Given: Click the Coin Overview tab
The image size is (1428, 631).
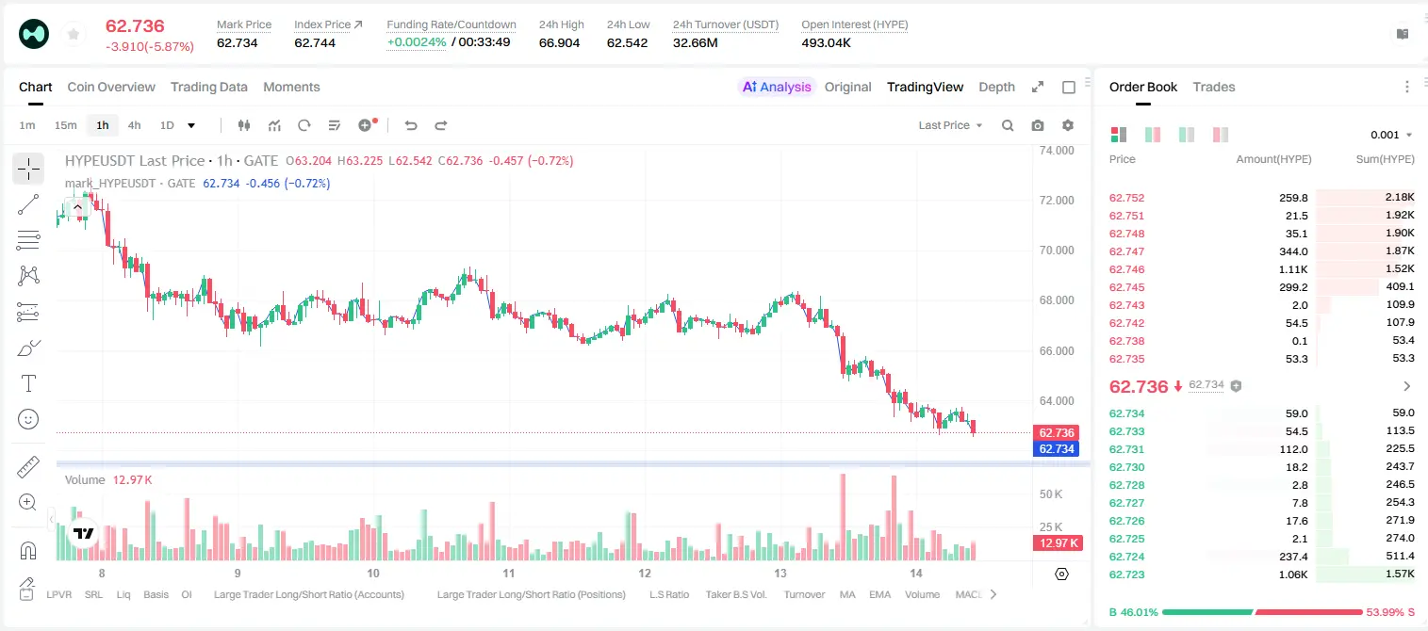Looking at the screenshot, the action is coord(111,87).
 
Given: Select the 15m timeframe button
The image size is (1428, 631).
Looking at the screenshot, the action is coord(65,125).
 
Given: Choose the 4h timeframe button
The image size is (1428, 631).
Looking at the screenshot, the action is coord(134,125).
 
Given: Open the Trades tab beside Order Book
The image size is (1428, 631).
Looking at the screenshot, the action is coord(1213,87).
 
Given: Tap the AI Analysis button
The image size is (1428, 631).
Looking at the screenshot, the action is coord(777,87).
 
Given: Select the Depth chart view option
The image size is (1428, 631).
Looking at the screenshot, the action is coord(996,87).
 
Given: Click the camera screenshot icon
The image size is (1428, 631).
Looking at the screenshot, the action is coord(1037,125).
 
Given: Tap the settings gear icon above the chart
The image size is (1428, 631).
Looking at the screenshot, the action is coord(1068,125).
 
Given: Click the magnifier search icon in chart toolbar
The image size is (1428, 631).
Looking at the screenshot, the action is coord(1008,125).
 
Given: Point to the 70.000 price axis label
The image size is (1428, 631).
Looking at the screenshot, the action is coord(1057,251).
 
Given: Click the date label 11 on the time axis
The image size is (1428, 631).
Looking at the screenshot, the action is coord(508,573).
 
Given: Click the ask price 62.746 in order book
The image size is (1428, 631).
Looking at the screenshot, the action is coord(1126,269).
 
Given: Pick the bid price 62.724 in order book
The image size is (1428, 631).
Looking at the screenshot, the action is coord(1126,557).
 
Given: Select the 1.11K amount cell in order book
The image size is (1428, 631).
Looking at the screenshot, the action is coord(1293,269).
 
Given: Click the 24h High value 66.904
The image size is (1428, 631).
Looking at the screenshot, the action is coord(559,42).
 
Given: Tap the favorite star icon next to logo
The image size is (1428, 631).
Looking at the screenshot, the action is coord(74,35).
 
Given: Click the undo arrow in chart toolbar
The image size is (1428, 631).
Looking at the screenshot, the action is coord(411,125).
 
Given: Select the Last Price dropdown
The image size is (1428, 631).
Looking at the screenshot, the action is coord(950,125).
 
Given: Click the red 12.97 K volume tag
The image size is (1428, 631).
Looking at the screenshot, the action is coord(1058,543).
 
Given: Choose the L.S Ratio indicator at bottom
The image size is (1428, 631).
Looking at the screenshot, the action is coord(668,594).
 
